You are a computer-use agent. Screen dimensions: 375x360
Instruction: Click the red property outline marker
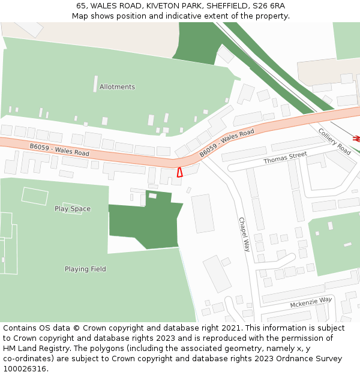[x=179, y=172]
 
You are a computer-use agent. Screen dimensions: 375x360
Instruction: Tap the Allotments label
[x=117, y=87]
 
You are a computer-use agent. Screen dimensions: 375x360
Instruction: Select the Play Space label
[x=73, y=209]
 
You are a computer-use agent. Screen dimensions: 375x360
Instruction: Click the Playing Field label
[x=85, y=269]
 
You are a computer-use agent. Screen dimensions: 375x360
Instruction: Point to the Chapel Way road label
[x=244, y=234]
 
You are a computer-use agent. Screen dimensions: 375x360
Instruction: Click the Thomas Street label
[x=285, y=158]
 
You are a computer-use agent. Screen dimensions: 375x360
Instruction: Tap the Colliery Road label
[x=334, y=141]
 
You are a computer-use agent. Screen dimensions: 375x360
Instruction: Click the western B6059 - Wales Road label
[x=59, y=149]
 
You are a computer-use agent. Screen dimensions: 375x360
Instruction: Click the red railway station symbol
[x=356, y=139]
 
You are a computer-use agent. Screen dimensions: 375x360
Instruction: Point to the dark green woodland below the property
[x=144, y=222]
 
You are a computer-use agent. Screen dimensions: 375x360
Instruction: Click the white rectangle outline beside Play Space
[x=35, y=195]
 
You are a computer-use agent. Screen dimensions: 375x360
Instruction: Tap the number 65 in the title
[x=81, y=6]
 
